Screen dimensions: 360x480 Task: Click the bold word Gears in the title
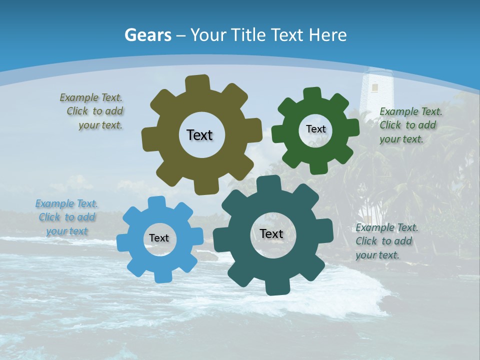tap(147, 35)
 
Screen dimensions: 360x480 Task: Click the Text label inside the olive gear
tap(199, 135)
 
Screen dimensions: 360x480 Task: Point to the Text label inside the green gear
tap(315, 129)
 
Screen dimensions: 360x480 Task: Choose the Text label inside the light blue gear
tap(159, 238)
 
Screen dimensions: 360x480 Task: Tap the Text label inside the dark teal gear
tap(271, 233)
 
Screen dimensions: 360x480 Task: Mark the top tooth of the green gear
tap(312, 93)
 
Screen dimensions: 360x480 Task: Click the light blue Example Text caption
tap(66, 217)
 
